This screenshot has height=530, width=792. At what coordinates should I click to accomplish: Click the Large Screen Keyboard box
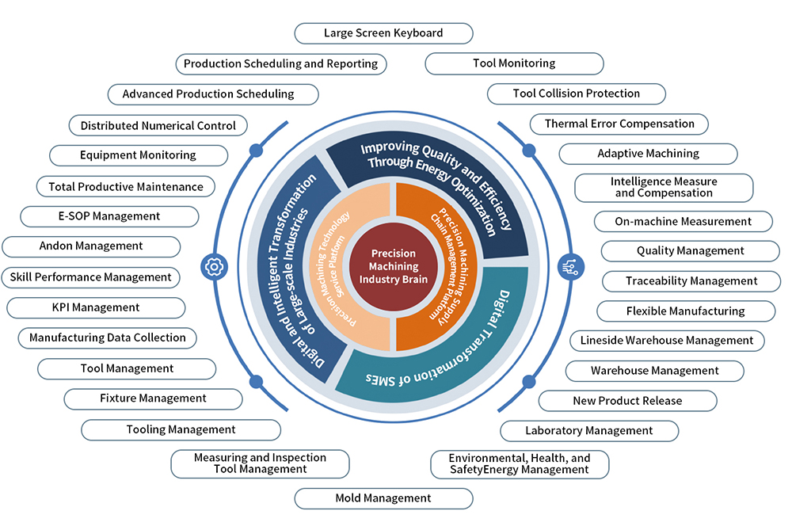coord(383,33)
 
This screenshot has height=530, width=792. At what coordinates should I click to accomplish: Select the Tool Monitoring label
coord(514,63)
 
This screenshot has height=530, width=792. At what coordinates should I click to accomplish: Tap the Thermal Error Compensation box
coord(619,124)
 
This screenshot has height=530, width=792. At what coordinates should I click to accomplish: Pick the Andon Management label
coord(91,246)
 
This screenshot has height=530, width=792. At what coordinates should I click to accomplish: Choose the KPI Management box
coord(96,307)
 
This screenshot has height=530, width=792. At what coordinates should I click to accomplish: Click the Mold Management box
coord(383,498)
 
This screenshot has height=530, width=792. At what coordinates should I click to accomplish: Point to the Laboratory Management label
coord(589,431)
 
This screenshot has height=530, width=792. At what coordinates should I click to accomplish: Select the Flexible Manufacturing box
coord(685,311)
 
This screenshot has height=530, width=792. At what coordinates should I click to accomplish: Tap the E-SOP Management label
coord(109,216)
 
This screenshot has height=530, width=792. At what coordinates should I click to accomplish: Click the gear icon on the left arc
coord(213,266)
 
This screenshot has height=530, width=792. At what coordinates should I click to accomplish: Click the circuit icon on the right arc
coord(570,266)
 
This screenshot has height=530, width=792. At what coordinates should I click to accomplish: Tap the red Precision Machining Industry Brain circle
coord(394,266)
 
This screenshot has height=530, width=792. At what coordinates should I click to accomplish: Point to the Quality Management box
coord(690,251)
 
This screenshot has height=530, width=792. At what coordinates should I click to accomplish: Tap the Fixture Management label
coord(153,398)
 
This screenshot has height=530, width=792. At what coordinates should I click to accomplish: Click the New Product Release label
coord(627,401)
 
